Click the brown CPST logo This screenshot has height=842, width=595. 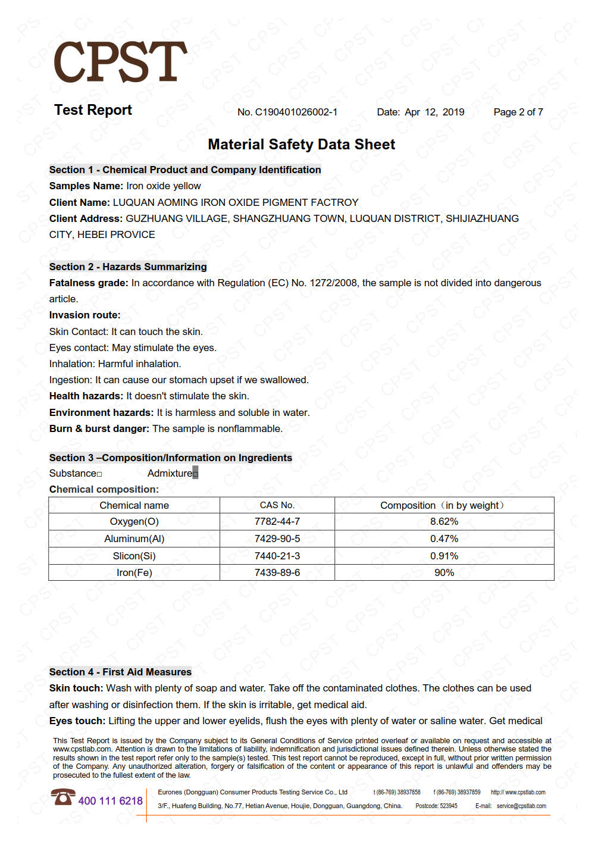pos(120,62)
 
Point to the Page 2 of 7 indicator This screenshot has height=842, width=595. pos(518,112)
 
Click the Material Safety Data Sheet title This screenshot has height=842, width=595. pos(301,145)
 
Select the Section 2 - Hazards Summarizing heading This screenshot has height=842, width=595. pos(128,267)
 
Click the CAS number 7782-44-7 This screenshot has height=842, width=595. pos(277,521)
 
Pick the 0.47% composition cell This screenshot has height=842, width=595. pos(444,539)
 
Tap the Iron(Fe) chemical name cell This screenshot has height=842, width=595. pos(134,572)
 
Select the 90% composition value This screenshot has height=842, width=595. pos(444,572)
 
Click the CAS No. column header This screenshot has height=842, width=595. pos(277,505)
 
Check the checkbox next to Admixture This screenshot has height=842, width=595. pos(195,474)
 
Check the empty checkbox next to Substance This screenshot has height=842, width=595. pos(99,474)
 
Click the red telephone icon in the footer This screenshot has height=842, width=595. pos(62,797)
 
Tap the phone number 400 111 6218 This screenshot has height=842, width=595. pos(111,801)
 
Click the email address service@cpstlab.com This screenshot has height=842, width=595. pos(521,806)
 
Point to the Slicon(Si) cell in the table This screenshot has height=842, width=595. pos(134,556)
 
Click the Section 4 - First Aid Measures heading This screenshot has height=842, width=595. pos(120,672)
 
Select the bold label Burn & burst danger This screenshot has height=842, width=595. pos(99,428)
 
